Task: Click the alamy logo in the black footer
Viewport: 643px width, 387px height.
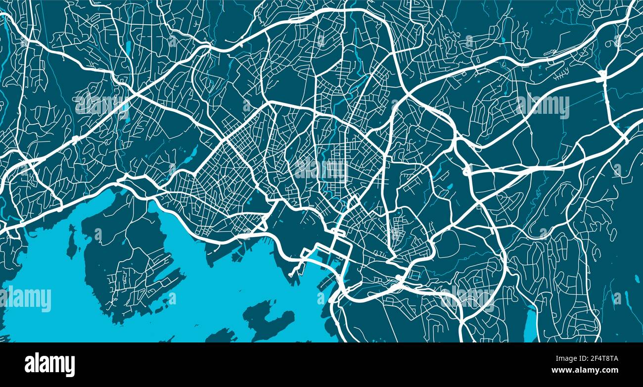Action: [x=49, y=365]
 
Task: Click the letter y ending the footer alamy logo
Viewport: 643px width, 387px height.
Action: [x=71, y=366]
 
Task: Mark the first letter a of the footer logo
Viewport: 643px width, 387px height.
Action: [x=29, y=365]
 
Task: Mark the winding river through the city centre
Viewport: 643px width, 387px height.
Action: [x=341, y=99]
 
